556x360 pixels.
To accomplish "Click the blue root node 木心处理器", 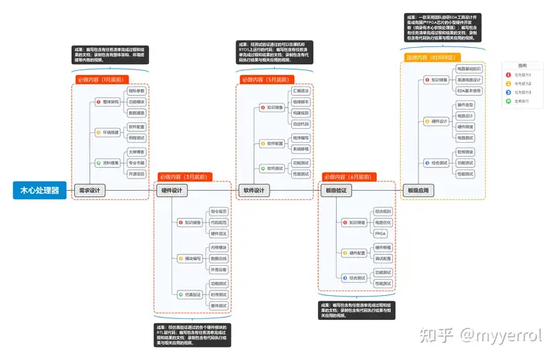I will click(39, 191).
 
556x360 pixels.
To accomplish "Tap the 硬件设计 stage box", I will click(171, 191).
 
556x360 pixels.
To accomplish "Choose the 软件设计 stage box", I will click(253, 191).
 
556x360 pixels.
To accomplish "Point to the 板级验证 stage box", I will click(334, 191).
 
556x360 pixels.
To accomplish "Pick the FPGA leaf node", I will click(381, 233).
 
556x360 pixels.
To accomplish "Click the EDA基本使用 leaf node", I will click(469, 90).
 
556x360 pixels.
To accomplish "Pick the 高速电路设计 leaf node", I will click(469, 80).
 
